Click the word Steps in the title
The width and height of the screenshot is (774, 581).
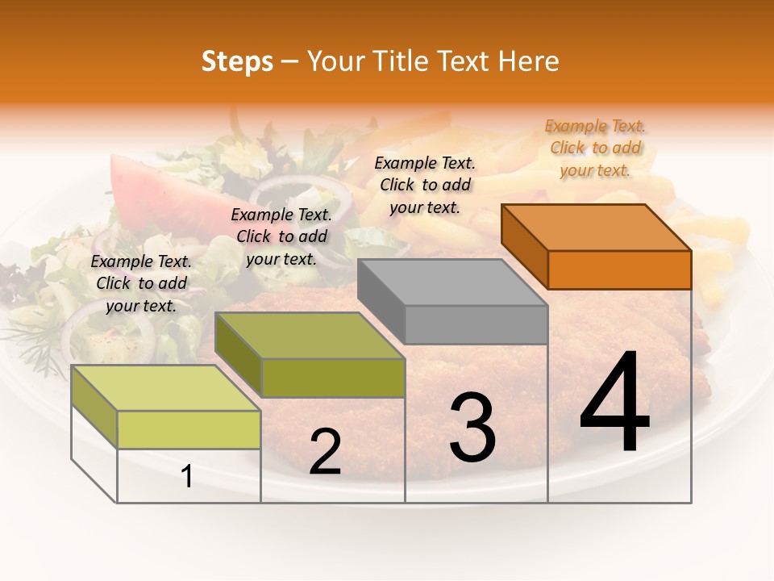point(237,62)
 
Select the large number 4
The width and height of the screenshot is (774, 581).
point(615,403)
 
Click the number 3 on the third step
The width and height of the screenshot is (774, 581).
point(472,428)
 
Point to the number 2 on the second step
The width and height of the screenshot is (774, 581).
point(325,452)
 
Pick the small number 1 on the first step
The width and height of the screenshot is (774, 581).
point(187,477)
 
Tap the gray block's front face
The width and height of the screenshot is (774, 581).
point(476,324)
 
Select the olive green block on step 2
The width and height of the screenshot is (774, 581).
point(332,378)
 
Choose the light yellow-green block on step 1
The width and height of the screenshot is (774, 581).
point(189,429)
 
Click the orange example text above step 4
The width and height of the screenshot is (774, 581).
point(595,148)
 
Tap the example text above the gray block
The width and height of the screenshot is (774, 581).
point(425,185)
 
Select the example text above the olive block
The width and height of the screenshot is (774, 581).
point(281,236)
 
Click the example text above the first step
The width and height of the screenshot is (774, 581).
point(141,283)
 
